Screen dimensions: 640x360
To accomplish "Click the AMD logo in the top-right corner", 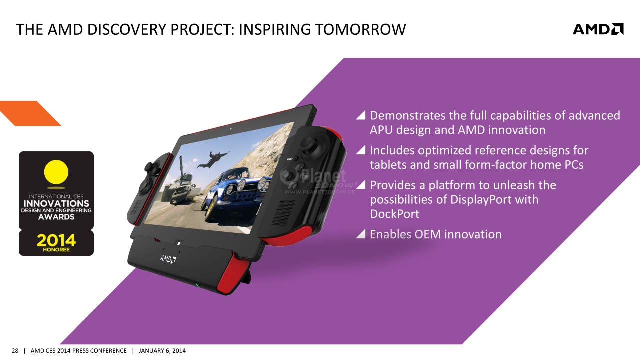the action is point(598,29).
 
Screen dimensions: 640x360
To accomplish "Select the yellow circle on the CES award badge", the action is point(56,172).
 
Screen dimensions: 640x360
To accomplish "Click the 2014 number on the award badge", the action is point(56,240).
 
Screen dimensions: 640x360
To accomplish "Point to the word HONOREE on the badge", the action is point(56,250).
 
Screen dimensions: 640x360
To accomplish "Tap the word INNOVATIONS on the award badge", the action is point(56,203).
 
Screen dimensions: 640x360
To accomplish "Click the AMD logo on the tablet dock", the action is point(168,259).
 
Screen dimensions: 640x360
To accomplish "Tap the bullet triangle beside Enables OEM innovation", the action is point(361,234).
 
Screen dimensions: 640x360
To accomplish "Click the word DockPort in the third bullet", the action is point(394,214).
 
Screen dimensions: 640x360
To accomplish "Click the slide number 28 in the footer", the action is point(15,351).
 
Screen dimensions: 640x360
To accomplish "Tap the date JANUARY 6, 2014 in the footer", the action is point(162,351).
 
